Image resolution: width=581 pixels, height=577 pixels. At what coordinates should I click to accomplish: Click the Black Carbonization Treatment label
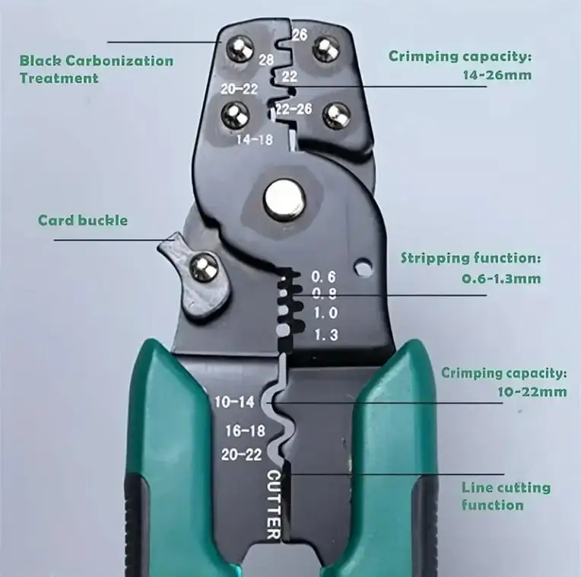(x=96, y=69)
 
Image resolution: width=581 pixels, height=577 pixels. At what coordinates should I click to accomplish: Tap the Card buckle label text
(x=83, y=221)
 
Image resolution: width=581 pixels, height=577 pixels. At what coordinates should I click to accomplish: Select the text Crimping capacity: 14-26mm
(x=460, y=65)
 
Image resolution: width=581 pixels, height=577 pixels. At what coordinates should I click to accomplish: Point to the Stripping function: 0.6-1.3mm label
(x=471, y=268)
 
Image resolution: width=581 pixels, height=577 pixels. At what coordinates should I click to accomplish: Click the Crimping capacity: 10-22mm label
(x=504, y=382)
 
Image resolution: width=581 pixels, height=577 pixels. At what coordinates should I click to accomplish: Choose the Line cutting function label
(x=506, y=496)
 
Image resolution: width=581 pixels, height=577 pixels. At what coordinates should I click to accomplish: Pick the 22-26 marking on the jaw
(x=294, y=109)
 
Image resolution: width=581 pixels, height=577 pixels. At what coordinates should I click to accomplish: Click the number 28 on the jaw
(x=267, y=59)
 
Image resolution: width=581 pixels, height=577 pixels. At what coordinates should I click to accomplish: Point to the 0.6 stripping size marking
(x=324, y=276)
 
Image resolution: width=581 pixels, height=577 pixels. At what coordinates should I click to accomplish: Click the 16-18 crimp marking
(x=244, y=431)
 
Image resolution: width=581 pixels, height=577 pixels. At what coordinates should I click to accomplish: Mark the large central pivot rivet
(x=284, y=199)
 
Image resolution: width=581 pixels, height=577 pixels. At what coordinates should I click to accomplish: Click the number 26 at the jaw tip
(x=299, y=34)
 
